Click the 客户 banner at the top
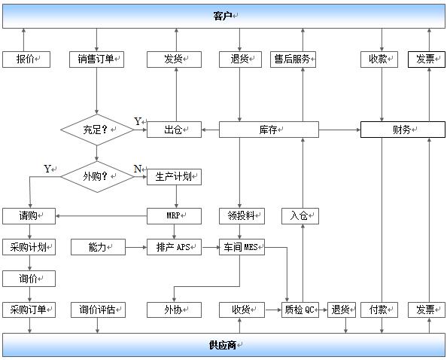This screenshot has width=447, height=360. point(223,16)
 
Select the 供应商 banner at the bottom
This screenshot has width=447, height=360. point(223,345)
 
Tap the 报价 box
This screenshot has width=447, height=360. point(26,59)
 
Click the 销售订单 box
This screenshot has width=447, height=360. point(96,59)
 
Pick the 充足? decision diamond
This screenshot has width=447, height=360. point(97,130)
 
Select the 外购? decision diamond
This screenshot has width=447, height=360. point(97,177)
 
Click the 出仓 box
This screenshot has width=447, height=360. point(174,130)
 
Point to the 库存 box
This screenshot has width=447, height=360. point(269,130)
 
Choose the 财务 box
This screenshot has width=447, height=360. point(403,130)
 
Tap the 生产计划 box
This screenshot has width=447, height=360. point(174,177)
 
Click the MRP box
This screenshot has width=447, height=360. point(174,216)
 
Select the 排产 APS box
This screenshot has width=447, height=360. point(174,247)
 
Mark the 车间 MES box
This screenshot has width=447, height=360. point(242,247)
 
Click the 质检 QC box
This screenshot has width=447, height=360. point(300,310)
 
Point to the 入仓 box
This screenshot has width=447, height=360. point(300,216)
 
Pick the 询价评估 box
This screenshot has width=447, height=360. point(98,310)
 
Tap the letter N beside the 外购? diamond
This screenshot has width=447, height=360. point(138,169)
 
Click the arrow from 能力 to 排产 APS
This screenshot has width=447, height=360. point(136,247)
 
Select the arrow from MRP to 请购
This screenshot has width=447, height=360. point(101,216)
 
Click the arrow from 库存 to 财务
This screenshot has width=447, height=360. point(339,130)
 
